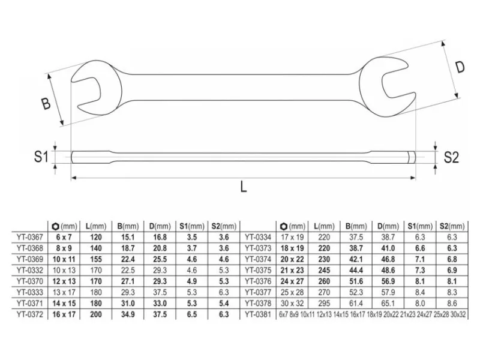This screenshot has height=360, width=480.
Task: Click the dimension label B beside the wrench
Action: click(46, 103)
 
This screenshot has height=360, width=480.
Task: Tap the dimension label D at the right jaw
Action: click(460, 67)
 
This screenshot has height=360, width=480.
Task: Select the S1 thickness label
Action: click(41, 157)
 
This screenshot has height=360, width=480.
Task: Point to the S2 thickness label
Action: click(451, 157)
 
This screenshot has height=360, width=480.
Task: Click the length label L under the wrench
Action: click(244, 186)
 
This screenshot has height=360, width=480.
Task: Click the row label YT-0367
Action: click(30, 237)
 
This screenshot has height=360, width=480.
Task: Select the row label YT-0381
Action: click(258, 314)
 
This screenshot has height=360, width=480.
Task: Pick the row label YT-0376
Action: click(258, 281)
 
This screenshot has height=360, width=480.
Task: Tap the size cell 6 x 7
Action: click(64, 237)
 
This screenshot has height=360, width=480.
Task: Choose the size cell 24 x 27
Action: click(292, 281)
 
